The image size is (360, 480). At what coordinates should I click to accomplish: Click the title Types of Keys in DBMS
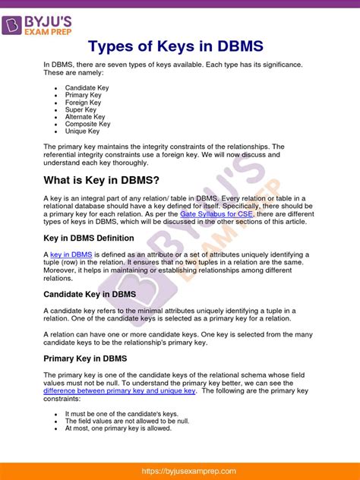tap(179, 47)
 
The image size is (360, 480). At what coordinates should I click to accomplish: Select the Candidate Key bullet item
tap(87, 88)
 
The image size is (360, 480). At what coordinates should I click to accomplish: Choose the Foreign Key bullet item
tap(83, 103)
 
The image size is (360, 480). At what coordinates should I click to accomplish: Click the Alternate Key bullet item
tap(84, 117)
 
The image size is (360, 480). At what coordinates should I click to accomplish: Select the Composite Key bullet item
tap(87, 125)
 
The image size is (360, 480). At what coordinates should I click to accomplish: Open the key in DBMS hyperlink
tap(71, 254)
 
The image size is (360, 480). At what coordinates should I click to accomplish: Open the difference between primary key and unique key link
tap(119, 391)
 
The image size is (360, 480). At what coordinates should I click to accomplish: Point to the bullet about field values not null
tap(116, 421)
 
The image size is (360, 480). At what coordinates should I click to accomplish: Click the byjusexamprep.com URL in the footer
tap(180, 471)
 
